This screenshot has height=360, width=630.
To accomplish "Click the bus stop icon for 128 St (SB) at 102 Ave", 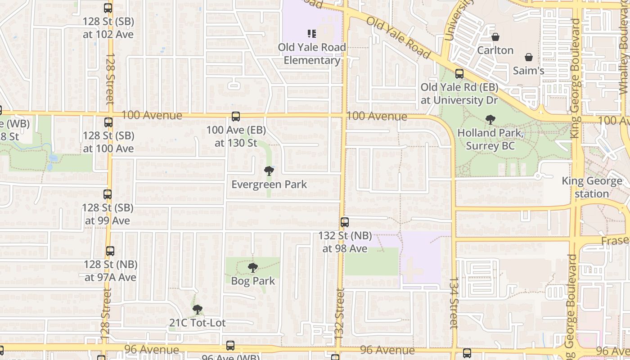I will pos(108,8).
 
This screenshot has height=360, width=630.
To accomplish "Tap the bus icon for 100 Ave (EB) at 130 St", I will pos(236,117).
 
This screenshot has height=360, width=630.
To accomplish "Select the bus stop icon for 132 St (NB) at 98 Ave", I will pos(345,222).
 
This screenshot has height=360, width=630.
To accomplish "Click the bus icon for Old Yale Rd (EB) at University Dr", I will pos(459,74).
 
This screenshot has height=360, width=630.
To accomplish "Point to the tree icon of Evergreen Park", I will pos(269,171).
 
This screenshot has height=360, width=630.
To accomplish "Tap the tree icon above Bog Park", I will pos(253,268).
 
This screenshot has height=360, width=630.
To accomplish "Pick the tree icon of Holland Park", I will pos(490,120).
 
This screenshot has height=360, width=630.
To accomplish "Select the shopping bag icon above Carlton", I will pos(495,37).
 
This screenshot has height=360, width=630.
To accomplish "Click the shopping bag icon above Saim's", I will pos(529,58).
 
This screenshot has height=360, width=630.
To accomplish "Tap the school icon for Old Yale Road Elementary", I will pos(312,34).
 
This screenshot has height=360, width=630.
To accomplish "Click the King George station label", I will pos(592,187).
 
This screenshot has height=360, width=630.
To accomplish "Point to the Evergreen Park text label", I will pos(269,184).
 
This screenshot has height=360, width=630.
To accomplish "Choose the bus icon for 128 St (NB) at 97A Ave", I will pos(110,251).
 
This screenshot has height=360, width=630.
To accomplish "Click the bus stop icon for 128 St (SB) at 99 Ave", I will pos(108,194).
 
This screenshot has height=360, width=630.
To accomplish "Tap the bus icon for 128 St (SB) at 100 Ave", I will pos(108,122).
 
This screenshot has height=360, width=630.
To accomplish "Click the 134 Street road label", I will pos(454,302).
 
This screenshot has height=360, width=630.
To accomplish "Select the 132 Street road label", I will pos(339,314).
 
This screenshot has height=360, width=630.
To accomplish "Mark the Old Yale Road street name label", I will pos(398,38).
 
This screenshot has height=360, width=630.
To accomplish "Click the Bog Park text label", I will pos(253,281).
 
